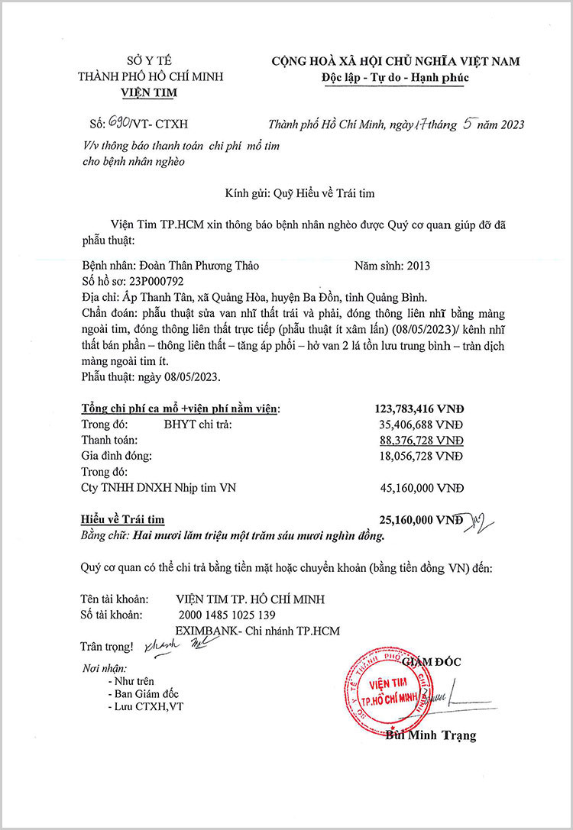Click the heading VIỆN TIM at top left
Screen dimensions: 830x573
[149, 94]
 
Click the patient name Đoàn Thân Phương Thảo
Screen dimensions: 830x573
[199, 266]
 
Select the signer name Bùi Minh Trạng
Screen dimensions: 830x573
[431, 736]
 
